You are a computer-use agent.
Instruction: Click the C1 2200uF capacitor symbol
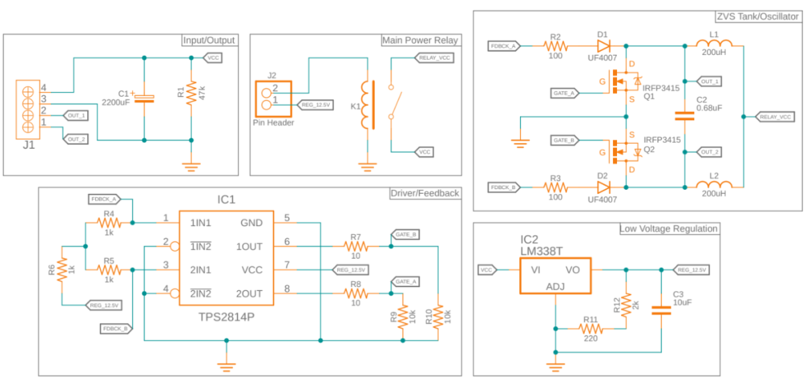tap(144, 99)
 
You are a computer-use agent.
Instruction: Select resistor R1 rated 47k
tap(192, 93)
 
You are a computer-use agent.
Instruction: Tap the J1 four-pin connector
tap(28, 109)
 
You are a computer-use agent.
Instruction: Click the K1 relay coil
tap(365, 105)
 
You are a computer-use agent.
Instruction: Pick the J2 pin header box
tap(273, 99)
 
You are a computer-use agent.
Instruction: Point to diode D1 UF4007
tap(604, 46)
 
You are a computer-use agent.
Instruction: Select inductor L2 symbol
tap(714, 184)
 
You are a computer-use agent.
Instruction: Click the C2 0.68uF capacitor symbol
tap(685, 115)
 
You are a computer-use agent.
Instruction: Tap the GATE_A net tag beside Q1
tap(565, 93)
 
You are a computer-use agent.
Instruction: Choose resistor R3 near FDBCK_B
tap(555, 187)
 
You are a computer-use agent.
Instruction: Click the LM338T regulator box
tap(555, 276)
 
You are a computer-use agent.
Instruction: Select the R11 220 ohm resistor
tap(590, 329)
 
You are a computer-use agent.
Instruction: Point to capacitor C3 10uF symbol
tap(661, 311)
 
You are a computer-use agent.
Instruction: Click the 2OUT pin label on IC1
tap(249, 294)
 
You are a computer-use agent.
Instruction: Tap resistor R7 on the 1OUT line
tap(355, 246)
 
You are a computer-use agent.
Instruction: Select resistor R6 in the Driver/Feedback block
tap(62, 270)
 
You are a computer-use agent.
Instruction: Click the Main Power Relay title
tap(420, 40)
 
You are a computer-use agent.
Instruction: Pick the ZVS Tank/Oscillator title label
tap(757, 17)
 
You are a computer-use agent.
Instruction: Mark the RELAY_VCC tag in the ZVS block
tap(775, 117)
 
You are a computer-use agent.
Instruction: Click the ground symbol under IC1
tap(226, 366)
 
